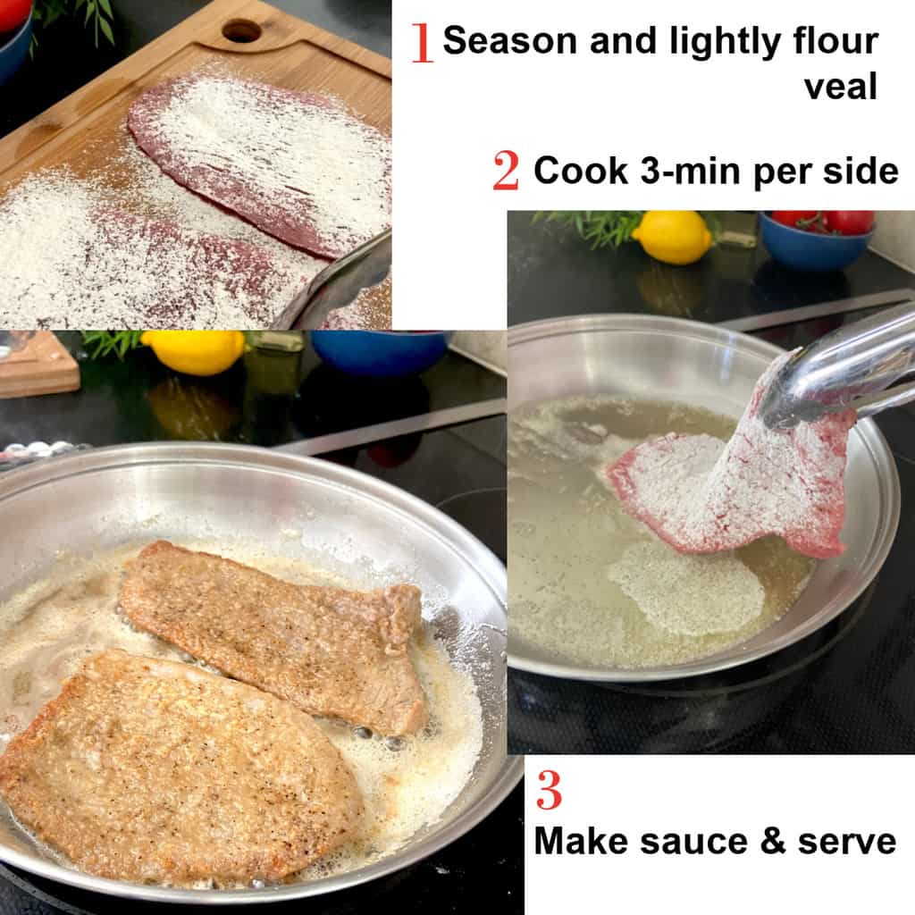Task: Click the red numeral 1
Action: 422,43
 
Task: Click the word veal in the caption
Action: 841,87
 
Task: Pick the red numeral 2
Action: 506,171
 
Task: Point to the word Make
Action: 583,841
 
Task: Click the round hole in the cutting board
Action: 241,30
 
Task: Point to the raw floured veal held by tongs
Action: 733,483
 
